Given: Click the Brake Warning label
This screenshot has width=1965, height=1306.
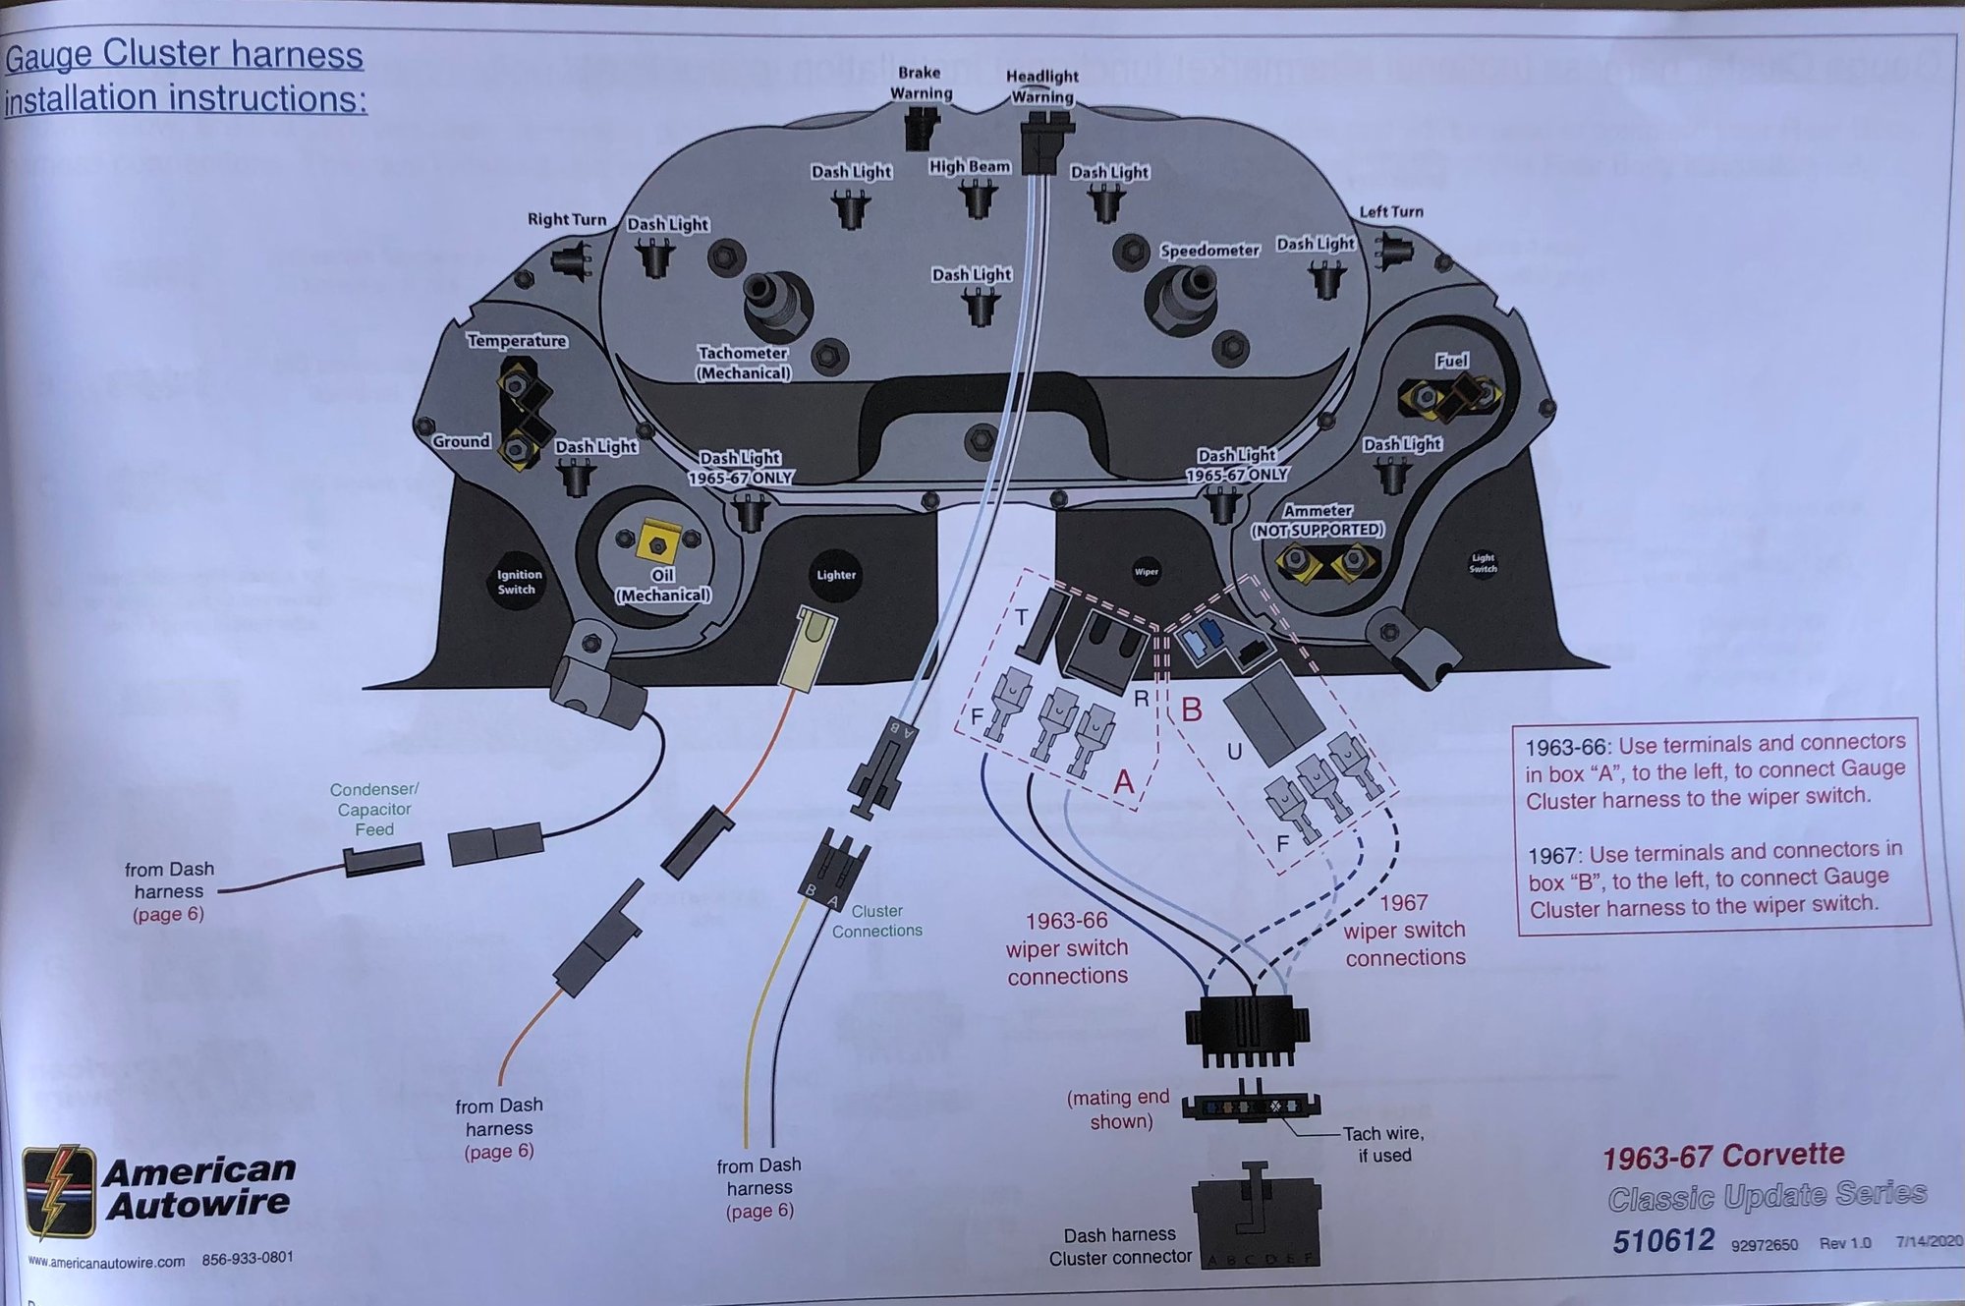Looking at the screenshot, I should pos(921,84).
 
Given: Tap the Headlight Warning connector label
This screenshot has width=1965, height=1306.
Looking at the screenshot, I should pos(1041,86).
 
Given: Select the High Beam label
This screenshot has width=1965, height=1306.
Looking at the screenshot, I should pos(969,166).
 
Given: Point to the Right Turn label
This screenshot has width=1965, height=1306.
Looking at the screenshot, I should pos(567,219).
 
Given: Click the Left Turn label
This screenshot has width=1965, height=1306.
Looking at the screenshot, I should pos(1390,211).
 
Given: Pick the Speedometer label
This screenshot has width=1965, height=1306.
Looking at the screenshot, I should pos(1208,251).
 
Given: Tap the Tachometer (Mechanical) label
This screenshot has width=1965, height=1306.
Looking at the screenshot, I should pos(743,363).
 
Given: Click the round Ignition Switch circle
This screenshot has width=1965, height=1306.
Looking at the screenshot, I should pos(518,582).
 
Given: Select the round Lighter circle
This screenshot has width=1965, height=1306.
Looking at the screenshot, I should pos(835,575).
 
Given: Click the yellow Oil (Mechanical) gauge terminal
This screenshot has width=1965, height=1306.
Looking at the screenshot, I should pos(658,540).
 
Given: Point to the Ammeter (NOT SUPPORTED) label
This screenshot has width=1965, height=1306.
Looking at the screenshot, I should pos(1317,520).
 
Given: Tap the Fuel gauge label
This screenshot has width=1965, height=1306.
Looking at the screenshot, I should pos(1451,361).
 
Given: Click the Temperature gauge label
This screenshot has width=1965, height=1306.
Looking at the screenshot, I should pos(517,341).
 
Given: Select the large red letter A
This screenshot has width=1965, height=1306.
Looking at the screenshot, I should pos(1124,782).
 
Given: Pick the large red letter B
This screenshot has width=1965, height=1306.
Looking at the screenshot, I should pos(1191,709).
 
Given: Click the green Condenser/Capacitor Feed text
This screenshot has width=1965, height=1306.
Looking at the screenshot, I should pos(374,809).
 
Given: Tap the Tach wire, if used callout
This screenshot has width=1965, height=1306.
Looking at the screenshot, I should pos(1383,1144).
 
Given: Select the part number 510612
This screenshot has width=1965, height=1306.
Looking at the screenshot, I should pos(1662,1240).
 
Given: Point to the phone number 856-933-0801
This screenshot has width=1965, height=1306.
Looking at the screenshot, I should pos(248,1258).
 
